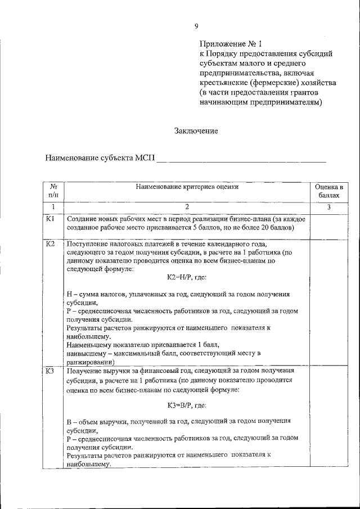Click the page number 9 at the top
(197, 26)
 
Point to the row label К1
(50, 218)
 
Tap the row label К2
(50, 244)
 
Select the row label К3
(50, 370)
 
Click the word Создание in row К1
(81, 218)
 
